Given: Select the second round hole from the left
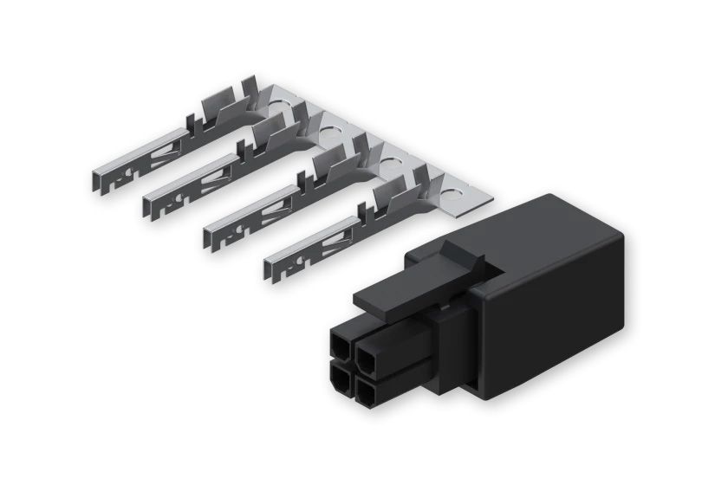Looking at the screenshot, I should tap(332, 133).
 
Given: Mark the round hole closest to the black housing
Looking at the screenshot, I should tap(452, 184).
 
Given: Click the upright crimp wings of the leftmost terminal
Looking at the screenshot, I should tap(220, 109).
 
